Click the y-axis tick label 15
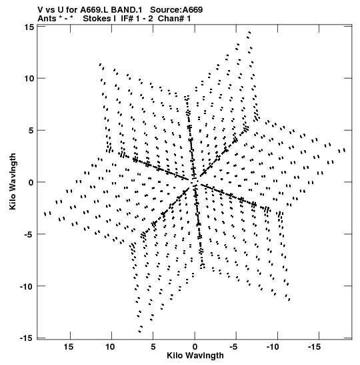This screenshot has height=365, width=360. [x=29, y=27]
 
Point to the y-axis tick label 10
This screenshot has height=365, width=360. [x=29, y=79]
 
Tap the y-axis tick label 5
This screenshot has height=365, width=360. [x=31, y=131]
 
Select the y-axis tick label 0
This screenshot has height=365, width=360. [x=31, y=183]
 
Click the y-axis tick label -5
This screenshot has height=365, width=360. [x=29, y=234]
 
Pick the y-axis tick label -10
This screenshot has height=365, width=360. [x=27, y=286]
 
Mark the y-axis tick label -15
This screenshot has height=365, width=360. [x=27, y=338]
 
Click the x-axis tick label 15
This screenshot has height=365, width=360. [x=69, y=347]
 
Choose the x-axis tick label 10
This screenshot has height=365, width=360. [x=110, y=347]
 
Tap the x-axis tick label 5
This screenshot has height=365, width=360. [x=153, y=347]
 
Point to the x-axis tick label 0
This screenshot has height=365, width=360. [x=195, y=347]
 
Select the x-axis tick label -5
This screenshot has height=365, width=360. [x=233, y=347]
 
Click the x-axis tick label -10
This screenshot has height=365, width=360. [x=273, y=347]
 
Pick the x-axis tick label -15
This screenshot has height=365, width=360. [x=314, y=347]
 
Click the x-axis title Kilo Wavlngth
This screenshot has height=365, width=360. [x=195, y=356]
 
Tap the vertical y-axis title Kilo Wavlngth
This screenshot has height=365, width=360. [x=13, y=181]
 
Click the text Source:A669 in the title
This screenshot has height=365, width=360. [x=176, y=10]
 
